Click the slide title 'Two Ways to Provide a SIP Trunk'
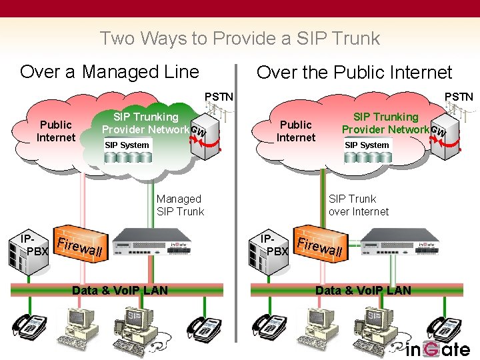(x=239, y=38)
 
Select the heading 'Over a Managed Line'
(x=109, y=71)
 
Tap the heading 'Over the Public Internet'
(x=354, y=72)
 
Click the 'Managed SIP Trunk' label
(x=180, y=205)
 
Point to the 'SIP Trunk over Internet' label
(x=358, y=205)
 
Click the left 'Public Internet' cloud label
(x=56, y=131)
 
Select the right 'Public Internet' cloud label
(x=295, y=131)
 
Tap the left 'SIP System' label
(x=127, y=145)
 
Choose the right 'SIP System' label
(x=367, y=145)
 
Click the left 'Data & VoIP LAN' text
(x=120, y=290)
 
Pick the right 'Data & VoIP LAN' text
(x=363, y=290)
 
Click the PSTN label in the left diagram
(x=219, y=97)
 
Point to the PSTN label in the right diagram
(x=459, y=97)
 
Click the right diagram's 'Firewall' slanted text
(x=319, y=247)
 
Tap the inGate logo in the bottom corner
(x=438, y=348)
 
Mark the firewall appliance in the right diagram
(x=395, y=247)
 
